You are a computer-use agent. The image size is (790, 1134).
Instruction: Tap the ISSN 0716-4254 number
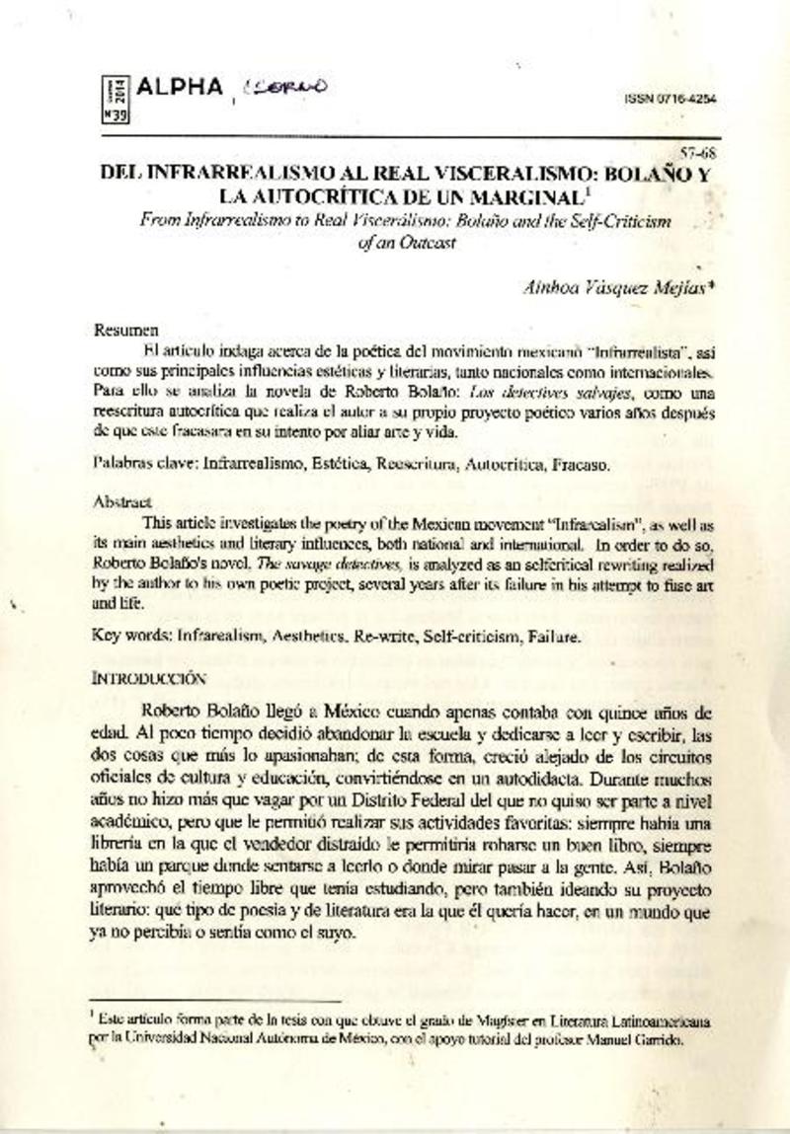tap(671, 100)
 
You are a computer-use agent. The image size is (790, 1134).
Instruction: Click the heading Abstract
tap(125, 500)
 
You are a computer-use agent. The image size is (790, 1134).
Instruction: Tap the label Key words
tap(129, 637)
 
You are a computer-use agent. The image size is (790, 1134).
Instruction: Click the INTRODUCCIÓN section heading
tap(149, 679)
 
